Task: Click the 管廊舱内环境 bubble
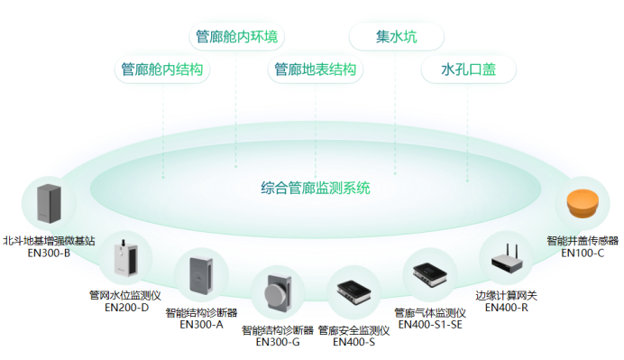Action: [x=237, y=37]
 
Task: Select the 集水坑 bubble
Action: [x=397, y=37]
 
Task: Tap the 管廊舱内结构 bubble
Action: [x=162, y=69]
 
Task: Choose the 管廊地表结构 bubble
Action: [x=315, y=69]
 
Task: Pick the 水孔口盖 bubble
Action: [x=466, y=69]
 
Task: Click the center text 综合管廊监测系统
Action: [x=316, y=189]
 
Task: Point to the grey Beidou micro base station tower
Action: [x=47, y=205]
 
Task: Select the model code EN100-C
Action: [x=583, y=253]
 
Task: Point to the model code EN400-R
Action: [x=506, y=307]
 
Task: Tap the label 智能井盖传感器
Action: [x=583, y=241]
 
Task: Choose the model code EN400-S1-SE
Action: [x=429, y=324]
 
